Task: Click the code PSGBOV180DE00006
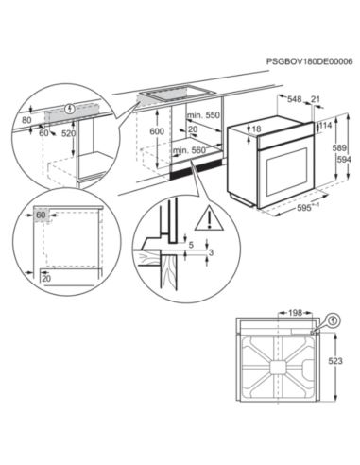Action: (x=309, y=61)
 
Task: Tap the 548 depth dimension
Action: (x=295, y=99)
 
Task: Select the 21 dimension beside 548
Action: (x=316, y=99)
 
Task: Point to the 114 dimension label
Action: (x=326, y=126)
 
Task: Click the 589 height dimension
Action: (x=339, y=148)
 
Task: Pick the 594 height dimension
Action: (x=344, y=160)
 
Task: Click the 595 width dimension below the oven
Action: (x=303, y=208)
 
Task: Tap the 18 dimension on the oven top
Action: (x=257, y=129)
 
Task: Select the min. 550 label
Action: (x=203, y=115)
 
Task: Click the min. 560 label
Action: (x=190, y=151)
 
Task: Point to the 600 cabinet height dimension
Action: (x=157, y=131)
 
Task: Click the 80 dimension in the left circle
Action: (x=27, y=120)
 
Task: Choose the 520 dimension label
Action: (x=68, y=133)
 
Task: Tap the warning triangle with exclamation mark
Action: (x=209, y=218)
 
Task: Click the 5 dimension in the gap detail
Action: (x=191, y=245)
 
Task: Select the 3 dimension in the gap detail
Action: (x=211, y=252)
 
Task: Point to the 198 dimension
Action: (x=295, y=313)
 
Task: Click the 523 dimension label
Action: (x=335, y=361)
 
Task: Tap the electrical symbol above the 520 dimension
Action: (x=69, y=109)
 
